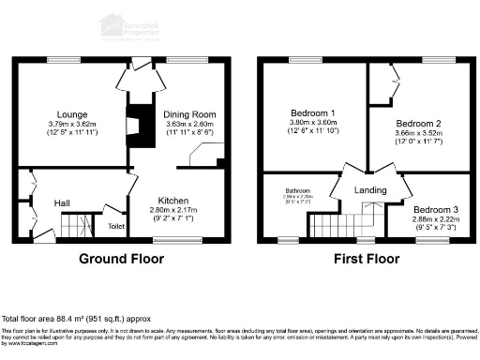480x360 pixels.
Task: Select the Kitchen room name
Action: [173, 201]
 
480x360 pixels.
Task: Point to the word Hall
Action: [61, 202]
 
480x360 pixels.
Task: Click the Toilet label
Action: [116, 226]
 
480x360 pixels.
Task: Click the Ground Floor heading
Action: [122, 258]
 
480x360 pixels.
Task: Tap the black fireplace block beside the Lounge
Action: [138, 122]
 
